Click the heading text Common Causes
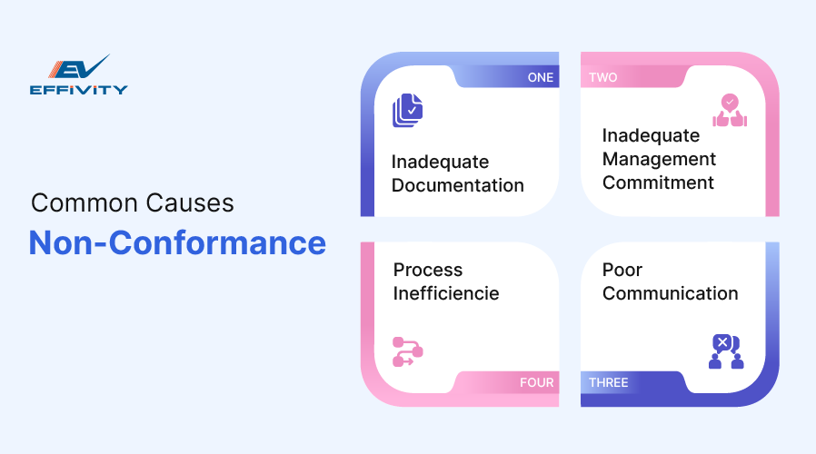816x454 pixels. coord(133,202)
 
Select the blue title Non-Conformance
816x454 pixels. coord(177,243)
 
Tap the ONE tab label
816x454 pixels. coord(540,77)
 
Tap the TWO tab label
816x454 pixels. coord(602,77)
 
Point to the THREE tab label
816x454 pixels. coord(608,382)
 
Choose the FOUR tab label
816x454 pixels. coord(536,382)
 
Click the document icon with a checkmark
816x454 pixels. coord(408,111)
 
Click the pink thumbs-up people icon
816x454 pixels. coord(729,111)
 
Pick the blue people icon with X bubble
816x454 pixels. coord(725,351)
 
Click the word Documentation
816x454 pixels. coord(457,185)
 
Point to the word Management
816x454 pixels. coord(659,159)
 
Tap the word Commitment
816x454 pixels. coord(658,183)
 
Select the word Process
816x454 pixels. coord(427,270)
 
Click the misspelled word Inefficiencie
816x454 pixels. coord(445,293)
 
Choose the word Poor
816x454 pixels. coord(622,270)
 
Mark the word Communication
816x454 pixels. coord(670,293)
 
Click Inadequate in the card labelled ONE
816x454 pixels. coord(440,162)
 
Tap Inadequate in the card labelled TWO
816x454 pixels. coord(651,135)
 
